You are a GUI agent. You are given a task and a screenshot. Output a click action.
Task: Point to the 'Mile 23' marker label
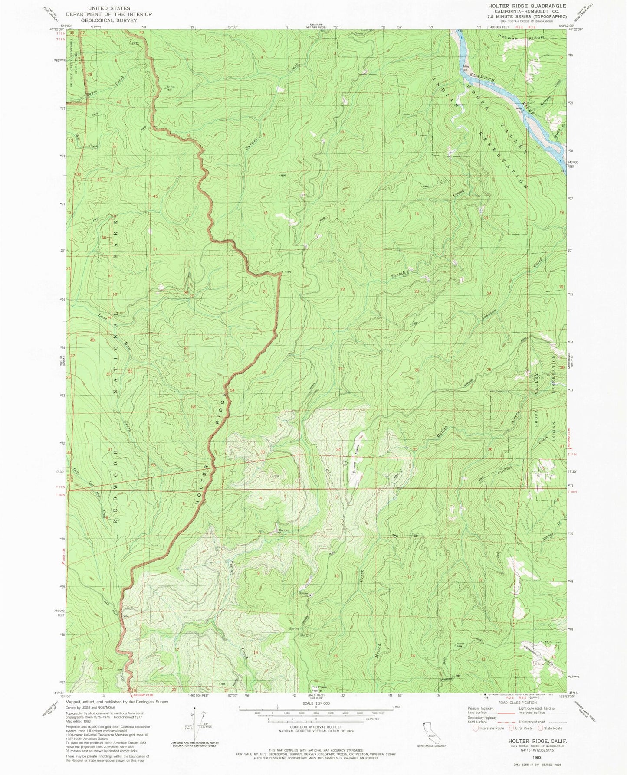coord(519,109)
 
